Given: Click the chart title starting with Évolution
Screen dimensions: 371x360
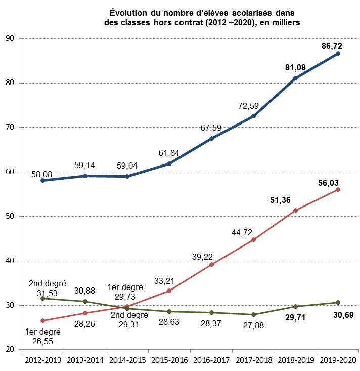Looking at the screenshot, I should [x=202, y=17].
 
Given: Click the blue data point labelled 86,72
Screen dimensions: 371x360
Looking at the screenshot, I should [x=338, y=53].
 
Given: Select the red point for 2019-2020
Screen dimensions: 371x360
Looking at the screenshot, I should [x=338, y=190].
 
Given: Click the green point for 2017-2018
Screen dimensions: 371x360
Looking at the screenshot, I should [x=253, y=315].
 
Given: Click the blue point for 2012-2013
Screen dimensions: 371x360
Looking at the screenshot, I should [x=42, y=180].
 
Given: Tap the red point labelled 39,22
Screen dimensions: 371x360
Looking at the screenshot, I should [x=211, y=265].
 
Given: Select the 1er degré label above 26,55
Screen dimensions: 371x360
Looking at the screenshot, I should [x=42, y=332].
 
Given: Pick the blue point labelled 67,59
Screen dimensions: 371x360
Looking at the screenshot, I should [x=211, y=138].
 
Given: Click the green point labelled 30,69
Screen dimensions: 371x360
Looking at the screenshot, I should [x=338, y=303].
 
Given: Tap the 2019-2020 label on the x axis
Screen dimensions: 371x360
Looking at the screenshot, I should [x=338, y=359].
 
